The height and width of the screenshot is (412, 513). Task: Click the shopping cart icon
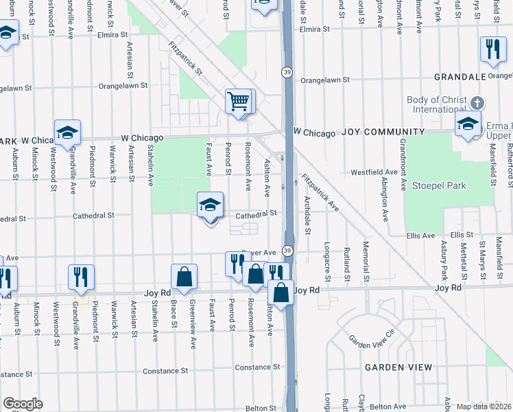(x=238, y=102)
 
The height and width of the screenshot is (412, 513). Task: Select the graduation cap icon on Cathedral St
(x=211, y=205)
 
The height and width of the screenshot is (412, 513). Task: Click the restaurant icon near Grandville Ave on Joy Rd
(x=81, y=277)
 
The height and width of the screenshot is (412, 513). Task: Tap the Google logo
(x=23, y=404)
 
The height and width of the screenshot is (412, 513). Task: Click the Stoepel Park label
(x=439, y=185)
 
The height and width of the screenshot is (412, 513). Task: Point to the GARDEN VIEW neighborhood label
(x=398, y=367)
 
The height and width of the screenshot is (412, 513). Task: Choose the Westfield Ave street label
(x=374, y=172)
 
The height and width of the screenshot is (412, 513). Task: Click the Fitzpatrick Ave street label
(x=320, y=192)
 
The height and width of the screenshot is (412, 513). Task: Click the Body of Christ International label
(x=437, y=104)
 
